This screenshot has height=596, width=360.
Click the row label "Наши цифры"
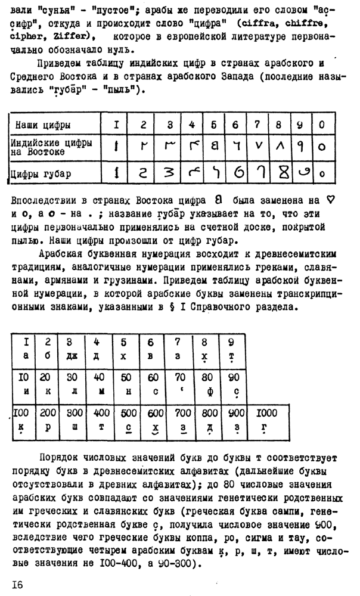click(x=43, y=125)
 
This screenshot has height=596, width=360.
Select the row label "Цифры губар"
click(x=41, y=175)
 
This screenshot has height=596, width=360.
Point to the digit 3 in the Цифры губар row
click(x=170, y=174)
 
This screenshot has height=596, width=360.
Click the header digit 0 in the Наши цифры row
click(x=322, y=125)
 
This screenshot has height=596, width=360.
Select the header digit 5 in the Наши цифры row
click(x=213, y=125)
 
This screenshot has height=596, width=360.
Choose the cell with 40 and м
click(x=99, y=384)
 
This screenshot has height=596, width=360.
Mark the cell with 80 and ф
click(x=206, y=384)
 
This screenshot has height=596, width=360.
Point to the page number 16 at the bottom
click(x=16, y=584)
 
